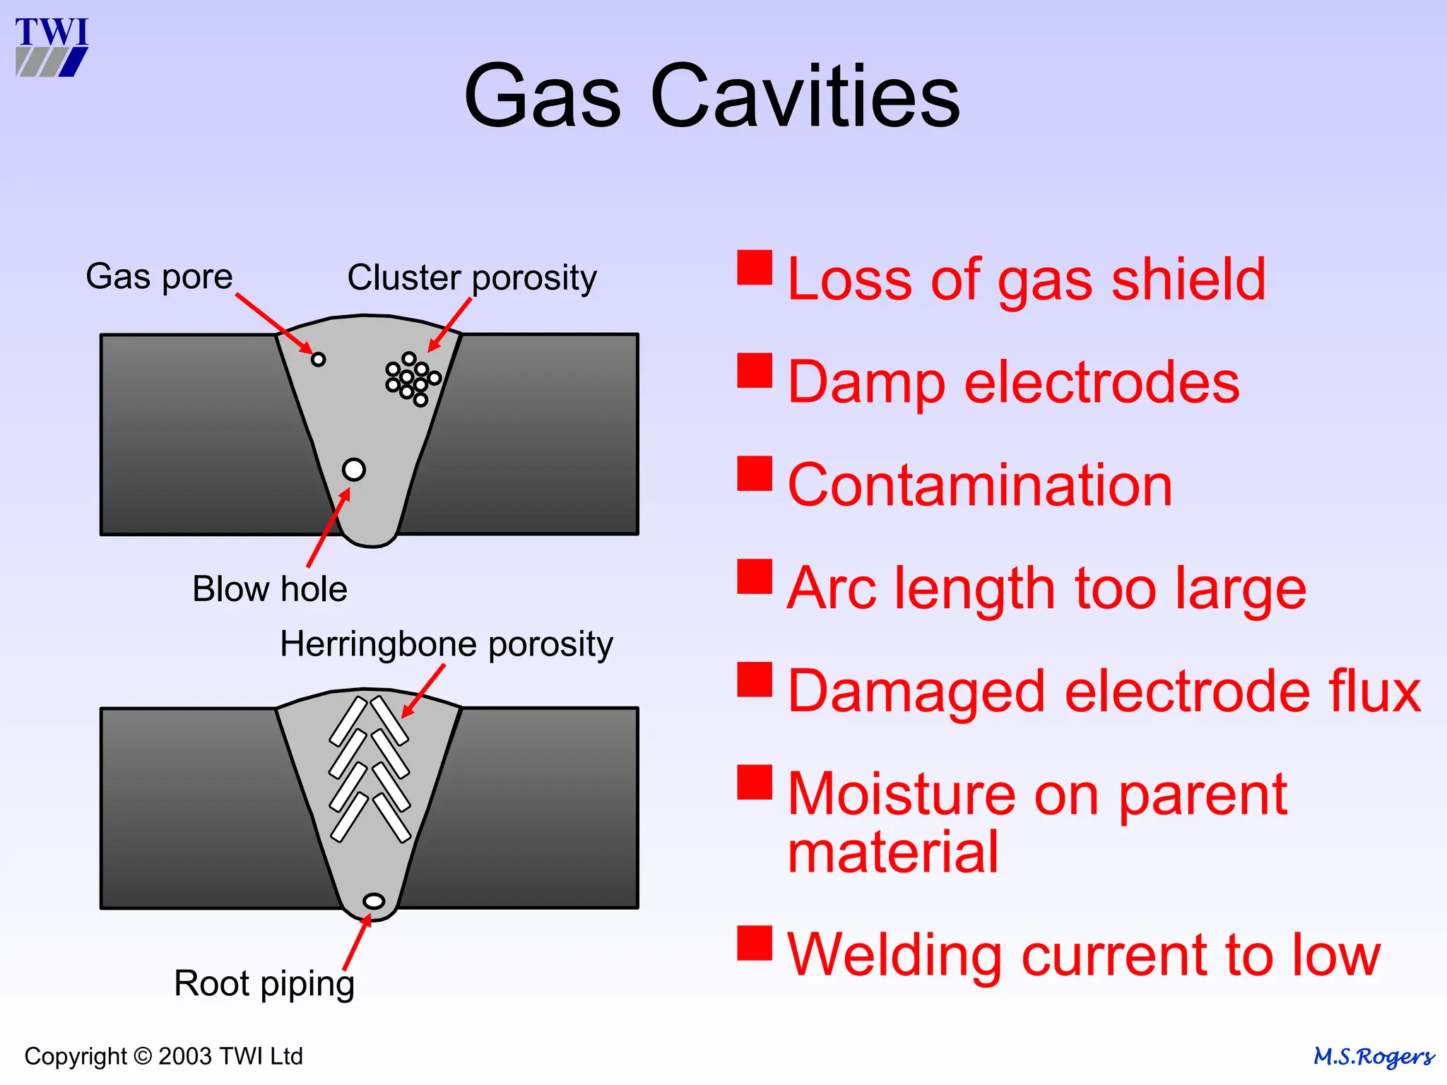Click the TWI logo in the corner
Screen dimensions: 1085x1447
pos(52,47)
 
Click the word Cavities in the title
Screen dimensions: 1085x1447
pos(805,96)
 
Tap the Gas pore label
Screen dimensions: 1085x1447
pos(159,276)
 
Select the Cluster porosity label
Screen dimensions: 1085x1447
pos(472,278)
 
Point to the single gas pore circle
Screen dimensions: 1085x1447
pos(319,360)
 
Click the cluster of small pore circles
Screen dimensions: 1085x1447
pos(413,379)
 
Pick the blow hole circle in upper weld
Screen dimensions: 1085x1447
pos(354,469)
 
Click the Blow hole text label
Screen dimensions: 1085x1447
pos(270,589)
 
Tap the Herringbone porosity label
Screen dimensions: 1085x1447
pos(447,644)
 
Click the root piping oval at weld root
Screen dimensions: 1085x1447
pos(374,901)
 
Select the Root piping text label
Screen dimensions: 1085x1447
pos(264,983)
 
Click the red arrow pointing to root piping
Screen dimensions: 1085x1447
pos(357,942)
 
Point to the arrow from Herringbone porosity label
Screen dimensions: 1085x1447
pos(424,692)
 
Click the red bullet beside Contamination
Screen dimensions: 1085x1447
pos(755,473)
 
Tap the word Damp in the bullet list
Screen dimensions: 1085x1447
pos(866,382)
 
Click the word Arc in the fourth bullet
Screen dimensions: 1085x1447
pos(833,588)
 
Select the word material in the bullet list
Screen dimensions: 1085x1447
pos(892,853)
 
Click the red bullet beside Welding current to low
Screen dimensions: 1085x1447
pos(755,943)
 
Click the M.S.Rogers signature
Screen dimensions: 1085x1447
pos(1374,1057)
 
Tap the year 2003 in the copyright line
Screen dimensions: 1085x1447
pos(185,1056)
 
